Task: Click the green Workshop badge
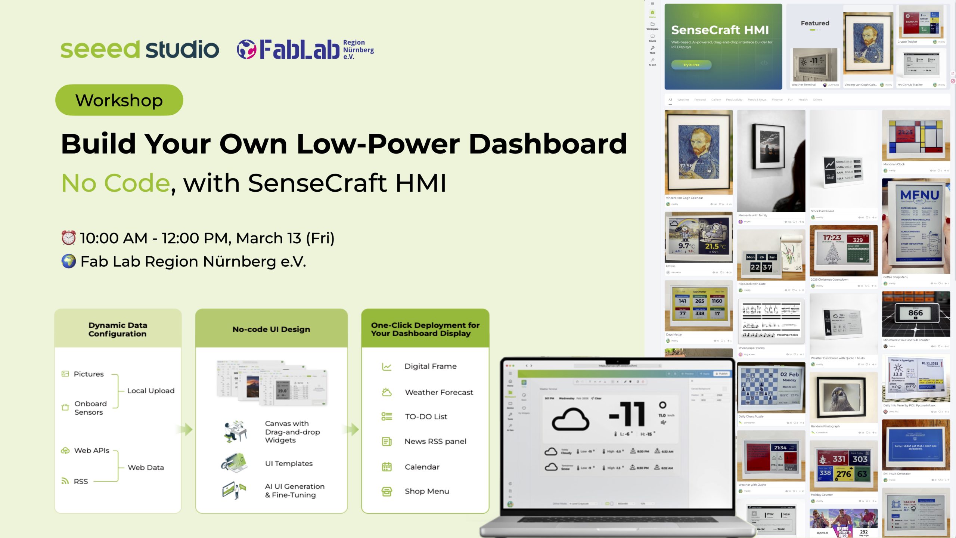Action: pyautogui.click(x=119, y=100)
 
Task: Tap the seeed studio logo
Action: pyautogui.click(x=140, y=50)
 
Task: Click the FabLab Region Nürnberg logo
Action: pyautogui.click(x=305, y=50)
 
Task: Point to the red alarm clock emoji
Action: pyautogui.click(x=69, y=238)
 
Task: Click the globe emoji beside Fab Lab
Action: pyautogui.click(x=69, y=262)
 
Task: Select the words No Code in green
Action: pyautogui.click(x=116, y=183)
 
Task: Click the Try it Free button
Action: pyautogui.click(x=691, y=65)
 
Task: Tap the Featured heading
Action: pyautogui.click(x=815, y=23)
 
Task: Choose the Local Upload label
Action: pyautogui.click(x=151, y=391)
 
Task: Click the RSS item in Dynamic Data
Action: pyautogui.click(x=81, y=482)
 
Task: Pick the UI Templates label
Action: pyautogui.click(x=289, y=464)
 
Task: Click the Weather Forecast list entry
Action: pyautogui.click(x=439, y=392)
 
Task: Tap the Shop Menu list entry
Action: pyautogui.click(x=427, y=491)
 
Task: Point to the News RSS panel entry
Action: pyautogui.click(x=435, y=442)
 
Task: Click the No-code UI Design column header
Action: pyautogui.click(x=271, y=329)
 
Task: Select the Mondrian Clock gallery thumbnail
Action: pyautogui.click(x=916, y=136)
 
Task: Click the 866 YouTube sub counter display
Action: pyautogui.click(x=915, y=313)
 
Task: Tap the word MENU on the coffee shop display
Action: pyautogui.click(x=919, y=195)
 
